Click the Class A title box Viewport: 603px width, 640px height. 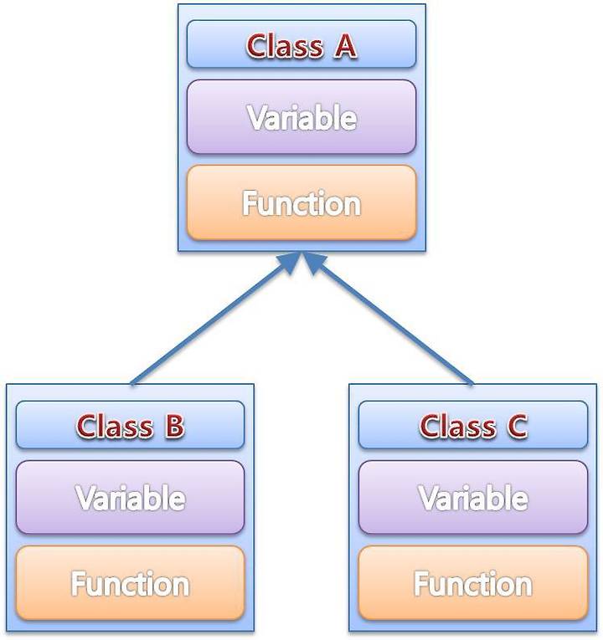point(301,44)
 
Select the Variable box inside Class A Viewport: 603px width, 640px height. point(301,117)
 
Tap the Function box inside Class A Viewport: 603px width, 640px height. point(301,202)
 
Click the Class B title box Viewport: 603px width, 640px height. point(131,425)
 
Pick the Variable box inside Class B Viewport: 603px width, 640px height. point(131,498)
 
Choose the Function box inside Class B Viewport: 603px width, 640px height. point(131,583)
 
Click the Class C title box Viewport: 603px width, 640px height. point(473,425)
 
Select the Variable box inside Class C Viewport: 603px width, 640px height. point(473,498)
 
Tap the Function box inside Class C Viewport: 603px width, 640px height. point(473,583)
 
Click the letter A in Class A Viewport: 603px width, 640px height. point(346,46)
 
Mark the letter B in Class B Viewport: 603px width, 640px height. point(174,426)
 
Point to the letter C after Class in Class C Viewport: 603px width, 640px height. point(518,426)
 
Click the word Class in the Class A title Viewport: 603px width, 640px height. point(285,45)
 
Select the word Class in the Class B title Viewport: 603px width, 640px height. point(115,426)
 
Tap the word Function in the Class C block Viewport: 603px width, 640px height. point(473,584)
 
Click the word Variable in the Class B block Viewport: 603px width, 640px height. point(131,498)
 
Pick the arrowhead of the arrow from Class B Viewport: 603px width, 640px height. point(291,263)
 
